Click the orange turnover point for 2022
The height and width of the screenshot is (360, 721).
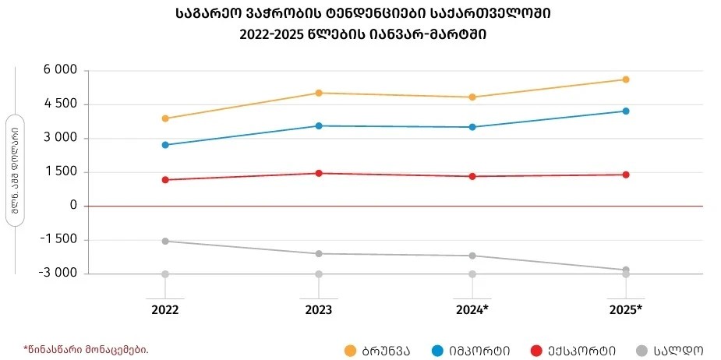pyautogui.click(x=165, y=118)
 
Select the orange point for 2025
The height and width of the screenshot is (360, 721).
pyautogui.click(x=626, y=79)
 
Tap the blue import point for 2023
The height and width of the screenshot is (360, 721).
pyautogui.click(x=319, y=125)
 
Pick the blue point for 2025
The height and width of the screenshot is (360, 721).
pyautogui.click(x=626, y=111)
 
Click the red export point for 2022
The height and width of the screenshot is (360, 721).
pyautogui.click(x=165, y=180)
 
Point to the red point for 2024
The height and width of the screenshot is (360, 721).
pyautogui.click(x=472, y=176)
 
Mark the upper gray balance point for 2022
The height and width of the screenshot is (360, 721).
pyautogui.click(x=165, y=242)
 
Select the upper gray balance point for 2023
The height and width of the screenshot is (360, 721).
pyautogui.click(x=319, y=253)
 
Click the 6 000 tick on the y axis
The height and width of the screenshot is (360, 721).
pyautogui.click(x=59, y=71)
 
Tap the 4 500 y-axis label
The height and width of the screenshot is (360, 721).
pyautogui.click(x=59, y=104)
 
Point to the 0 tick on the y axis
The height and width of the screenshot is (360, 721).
pyautogui.click(x=72, y=206)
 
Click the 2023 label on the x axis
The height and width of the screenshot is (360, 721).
pyautogui.click(x=319, y=310)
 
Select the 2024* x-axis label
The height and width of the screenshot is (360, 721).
pyautogui.click(x=472, y=310)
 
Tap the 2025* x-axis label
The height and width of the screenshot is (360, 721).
pyautogui.click(x=626, y=310)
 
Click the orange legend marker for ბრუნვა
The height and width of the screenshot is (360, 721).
pyautogui.click(x=351, y=351)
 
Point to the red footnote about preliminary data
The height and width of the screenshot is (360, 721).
pyautogui.click(x=86, y=349)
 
